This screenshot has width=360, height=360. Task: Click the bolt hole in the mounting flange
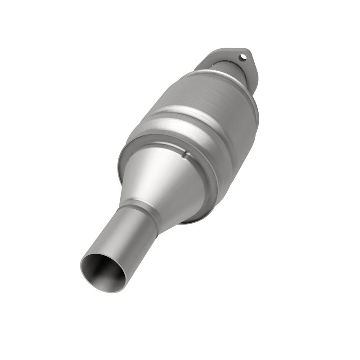click(243, 57)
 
